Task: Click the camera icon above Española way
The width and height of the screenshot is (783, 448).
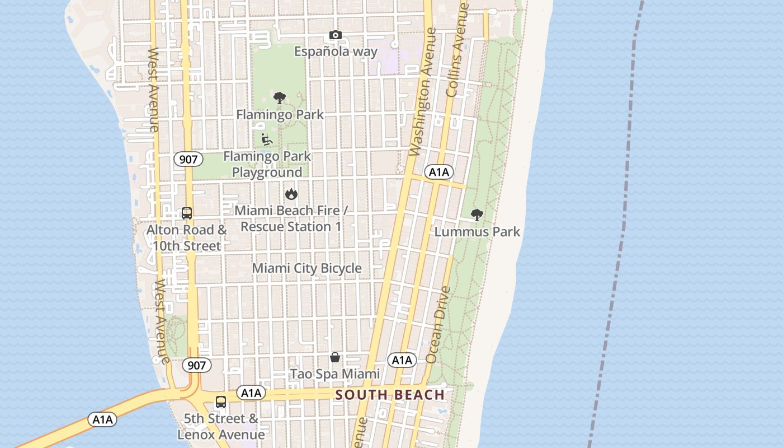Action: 335,35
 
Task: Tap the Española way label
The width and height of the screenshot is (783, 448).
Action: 336,52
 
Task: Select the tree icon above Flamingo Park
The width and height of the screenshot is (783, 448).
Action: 280,98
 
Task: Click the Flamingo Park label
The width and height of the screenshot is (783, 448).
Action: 280,115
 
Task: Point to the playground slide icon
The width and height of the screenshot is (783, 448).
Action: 267,139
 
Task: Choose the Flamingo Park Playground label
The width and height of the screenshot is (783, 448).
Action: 267,164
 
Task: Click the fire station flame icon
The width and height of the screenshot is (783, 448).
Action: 291,194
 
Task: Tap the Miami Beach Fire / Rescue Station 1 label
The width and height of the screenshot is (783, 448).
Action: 291,218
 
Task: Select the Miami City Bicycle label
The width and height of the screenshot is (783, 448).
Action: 306,268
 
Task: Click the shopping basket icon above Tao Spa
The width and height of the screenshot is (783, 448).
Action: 335,357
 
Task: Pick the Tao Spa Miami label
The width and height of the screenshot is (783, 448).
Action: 334,374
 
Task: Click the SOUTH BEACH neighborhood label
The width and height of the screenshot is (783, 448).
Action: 390,395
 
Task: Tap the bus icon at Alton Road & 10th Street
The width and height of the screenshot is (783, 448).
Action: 187,213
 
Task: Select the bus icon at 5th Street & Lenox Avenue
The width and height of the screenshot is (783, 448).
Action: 221,402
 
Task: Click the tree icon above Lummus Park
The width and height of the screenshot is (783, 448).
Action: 477,214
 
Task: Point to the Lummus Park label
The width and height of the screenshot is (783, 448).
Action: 477,232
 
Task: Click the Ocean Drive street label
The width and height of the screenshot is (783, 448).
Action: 438,325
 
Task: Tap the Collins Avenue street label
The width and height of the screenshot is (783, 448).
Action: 457,50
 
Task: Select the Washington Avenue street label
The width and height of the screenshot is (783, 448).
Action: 422,92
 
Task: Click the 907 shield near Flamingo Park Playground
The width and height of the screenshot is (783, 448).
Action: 188,159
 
